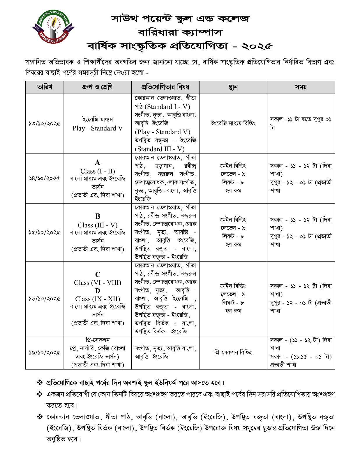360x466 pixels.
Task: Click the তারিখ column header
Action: point(45,87)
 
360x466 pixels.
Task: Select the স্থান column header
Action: point(233,87)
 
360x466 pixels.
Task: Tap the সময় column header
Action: point(301,87)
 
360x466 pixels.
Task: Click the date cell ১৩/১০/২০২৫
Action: point(45,123)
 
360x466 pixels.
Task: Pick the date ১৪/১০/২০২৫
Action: point(45,178)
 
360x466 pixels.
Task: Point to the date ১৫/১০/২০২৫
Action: point(45,232)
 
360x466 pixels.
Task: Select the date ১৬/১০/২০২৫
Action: point(45,299)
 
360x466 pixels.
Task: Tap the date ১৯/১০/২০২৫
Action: point(45,352)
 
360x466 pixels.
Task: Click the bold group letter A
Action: point(97,163)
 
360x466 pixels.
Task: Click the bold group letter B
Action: point(98,216)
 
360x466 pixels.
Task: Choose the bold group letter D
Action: point(98,291)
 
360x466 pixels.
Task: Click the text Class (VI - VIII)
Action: point(98,283)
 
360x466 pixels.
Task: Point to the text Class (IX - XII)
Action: point(98,299)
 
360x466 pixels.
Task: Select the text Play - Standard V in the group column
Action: point(98,128)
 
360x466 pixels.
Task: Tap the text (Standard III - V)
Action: point(160,149)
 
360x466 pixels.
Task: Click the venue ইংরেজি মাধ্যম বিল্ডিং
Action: point(233,123)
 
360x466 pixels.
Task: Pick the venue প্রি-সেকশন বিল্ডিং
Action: point(233,352)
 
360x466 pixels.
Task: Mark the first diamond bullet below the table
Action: point(39,382)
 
